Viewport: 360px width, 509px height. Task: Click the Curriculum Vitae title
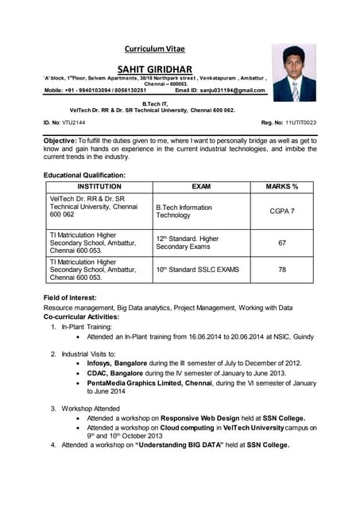tap(154, 49)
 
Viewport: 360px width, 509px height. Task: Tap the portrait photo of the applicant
tap(294, 73)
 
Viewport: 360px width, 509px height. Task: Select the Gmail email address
tap(235, 91)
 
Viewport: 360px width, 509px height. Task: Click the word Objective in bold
tap(60, 140)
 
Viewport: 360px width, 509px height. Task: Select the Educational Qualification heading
tap(84, 174)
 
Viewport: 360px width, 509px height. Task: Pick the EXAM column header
tap(201, 186)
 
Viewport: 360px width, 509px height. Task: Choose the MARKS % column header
tap(281, 186)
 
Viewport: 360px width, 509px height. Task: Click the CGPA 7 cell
tap(281, 211)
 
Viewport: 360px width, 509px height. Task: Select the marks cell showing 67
tap(281, 243)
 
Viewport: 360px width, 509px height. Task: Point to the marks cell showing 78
tap(281, 270)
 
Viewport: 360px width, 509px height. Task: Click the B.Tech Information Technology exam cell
tap(184, 211)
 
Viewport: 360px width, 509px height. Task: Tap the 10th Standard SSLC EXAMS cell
tap(197, 270)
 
